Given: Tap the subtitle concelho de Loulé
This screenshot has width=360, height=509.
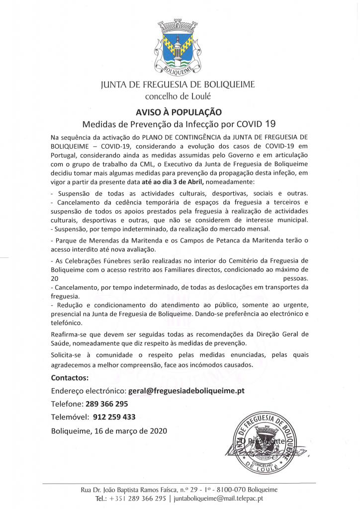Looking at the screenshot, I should (178, 96).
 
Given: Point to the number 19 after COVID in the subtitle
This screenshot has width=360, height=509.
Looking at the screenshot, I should (270, 124).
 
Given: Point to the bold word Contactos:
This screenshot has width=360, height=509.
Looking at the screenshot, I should (70, 377).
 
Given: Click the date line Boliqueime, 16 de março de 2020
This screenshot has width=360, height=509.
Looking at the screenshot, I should (109, 430).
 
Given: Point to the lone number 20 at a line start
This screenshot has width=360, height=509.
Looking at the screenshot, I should (55, 279).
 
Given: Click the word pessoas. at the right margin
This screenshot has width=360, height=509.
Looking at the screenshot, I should (295, 279).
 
